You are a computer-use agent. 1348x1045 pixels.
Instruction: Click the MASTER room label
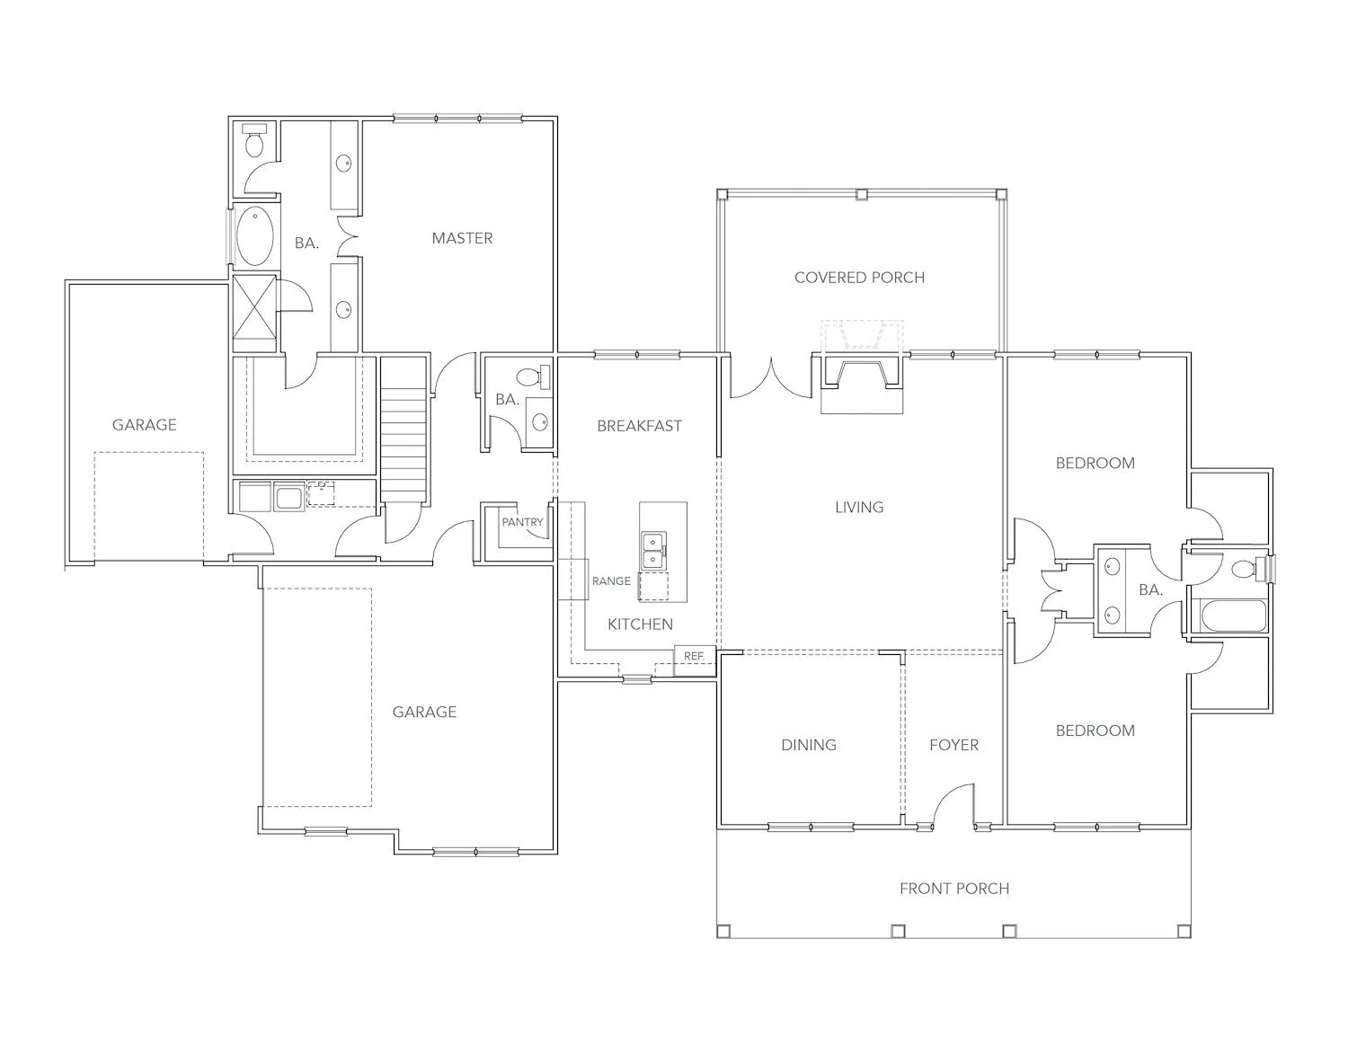[462, 238]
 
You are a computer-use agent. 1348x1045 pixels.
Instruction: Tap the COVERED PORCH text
[859, 278]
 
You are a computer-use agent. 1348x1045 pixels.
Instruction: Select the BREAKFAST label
[639, 426]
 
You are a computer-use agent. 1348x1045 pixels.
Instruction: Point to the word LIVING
[859, 507]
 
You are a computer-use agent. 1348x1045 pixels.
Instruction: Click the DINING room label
[808, 745]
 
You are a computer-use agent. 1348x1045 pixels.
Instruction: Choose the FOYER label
[953, 745]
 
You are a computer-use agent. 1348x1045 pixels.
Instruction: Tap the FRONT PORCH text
[953, 889]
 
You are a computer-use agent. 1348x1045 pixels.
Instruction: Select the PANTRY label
[522, 522]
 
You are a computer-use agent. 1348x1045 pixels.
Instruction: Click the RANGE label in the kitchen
[611, 581]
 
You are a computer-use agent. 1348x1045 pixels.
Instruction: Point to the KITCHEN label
[640, 624]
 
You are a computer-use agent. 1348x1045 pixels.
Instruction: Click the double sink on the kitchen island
[653, 550]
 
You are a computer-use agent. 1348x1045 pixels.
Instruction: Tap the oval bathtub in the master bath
[256, 236]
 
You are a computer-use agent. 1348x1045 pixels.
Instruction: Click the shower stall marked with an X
[254, 313]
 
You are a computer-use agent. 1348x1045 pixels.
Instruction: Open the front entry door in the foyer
[953, 805]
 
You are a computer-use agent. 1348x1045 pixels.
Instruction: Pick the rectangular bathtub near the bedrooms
[1232, 617]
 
